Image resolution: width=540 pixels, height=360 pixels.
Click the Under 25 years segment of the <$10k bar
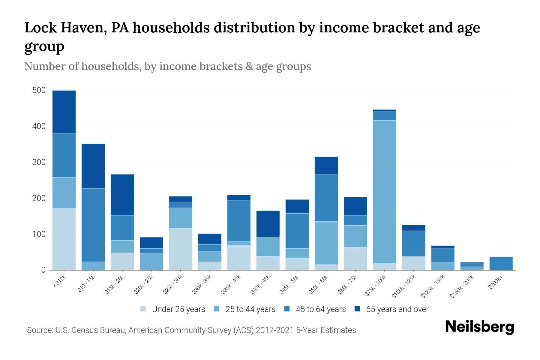click(x=64, y=239)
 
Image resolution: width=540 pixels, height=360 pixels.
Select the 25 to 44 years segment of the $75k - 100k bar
click(x=384, y=192)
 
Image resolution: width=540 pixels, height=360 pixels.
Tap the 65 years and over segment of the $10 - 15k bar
click(x=93, y=166)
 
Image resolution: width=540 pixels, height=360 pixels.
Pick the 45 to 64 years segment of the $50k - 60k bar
click(x=326, y=198)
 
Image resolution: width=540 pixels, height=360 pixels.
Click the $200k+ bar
click(x=501, y=263)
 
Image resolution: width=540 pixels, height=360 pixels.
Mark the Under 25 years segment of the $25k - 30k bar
click(x=181, y=249)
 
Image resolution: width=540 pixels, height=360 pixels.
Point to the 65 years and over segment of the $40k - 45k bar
click(x=268, y=224)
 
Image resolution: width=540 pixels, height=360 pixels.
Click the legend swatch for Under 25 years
click(x=143, y=309)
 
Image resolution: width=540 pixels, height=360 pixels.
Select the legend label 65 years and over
click(x=397, y=309)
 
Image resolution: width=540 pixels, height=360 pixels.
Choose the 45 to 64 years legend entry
click(x=321, y=309)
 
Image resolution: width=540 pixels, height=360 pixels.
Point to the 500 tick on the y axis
click(x=39, y=90)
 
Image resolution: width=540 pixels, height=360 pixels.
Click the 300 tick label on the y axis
click(x=39, y=162)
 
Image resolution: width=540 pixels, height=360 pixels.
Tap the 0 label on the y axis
click(x=43, y=270)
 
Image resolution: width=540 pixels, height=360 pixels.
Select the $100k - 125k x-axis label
click(x=404, y=287)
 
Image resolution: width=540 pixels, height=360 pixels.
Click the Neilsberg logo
click(x=479, y=327)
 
